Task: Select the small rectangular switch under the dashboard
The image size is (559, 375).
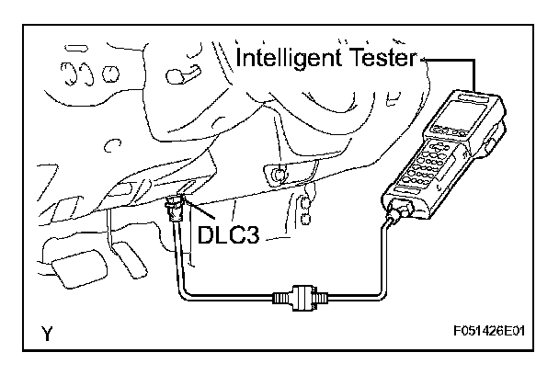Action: point(276,171)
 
